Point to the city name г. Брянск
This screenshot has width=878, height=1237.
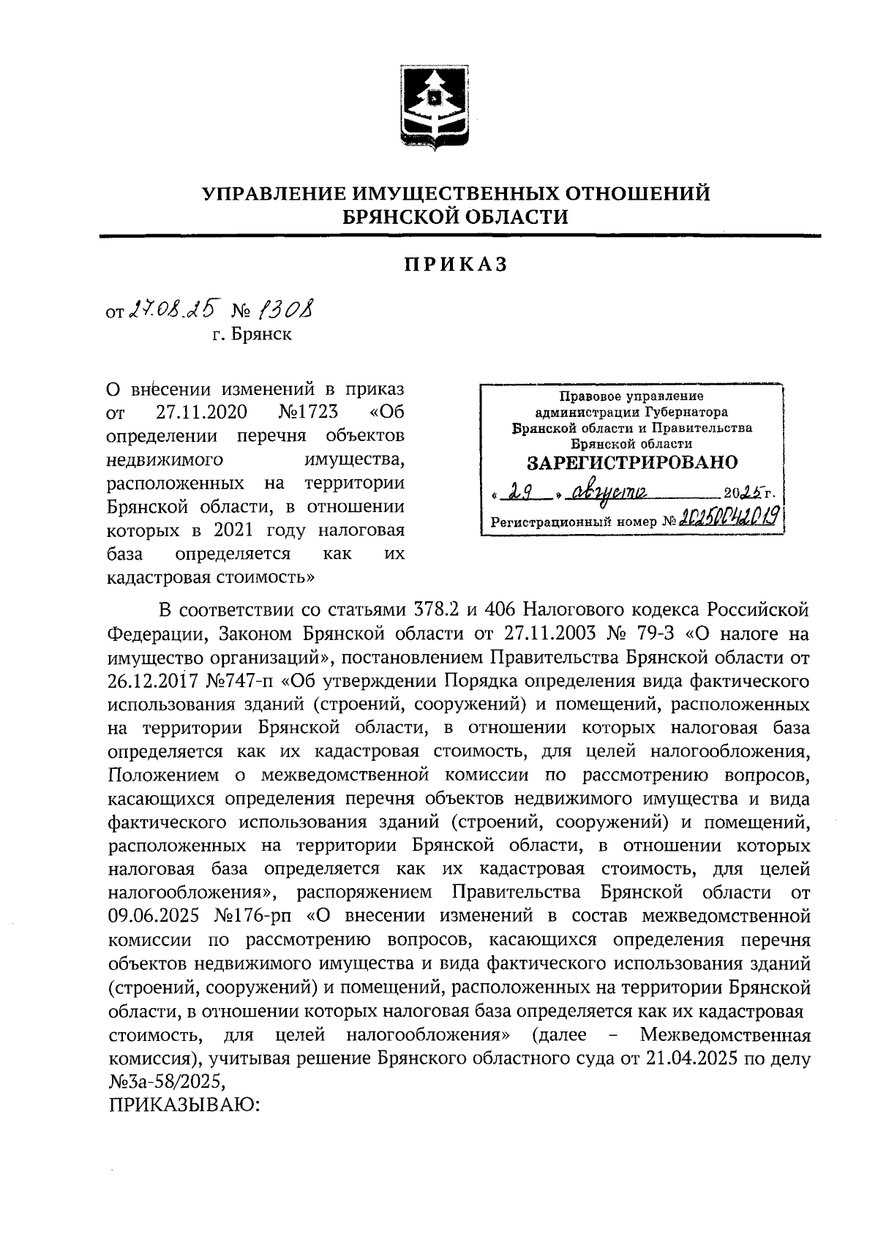click(x=252, y=335)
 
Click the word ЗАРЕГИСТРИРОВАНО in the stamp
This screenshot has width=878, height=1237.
click(x=632, y=462)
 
